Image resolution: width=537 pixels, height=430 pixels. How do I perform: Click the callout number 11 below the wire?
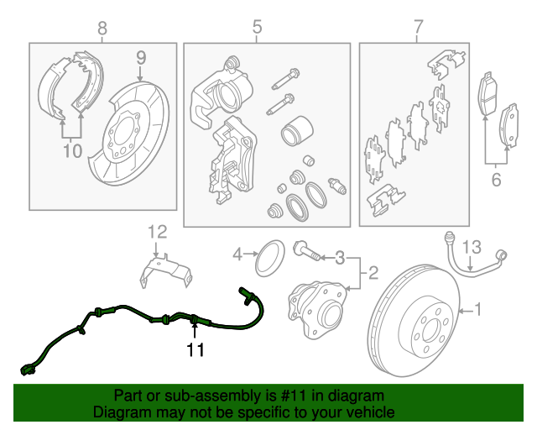(195, 349)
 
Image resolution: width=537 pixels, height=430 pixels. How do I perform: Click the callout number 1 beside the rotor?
(479, 311)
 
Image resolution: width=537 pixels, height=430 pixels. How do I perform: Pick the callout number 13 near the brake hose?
(472, 245)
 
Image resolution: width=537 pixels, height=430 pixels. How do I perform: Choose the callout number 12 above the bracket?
(158, 232)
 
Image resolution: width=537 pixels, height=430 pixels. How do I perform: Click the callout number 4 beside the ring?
(237, 254)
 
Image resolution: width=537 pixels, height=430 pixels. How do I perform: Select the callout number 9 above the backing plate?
(141, 58)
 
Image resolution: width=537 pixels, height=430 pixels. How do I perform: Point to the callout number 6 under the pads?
(496, 178)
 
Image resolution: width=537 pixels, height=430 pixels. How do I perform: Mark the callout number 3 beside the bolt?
(341, 255)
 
